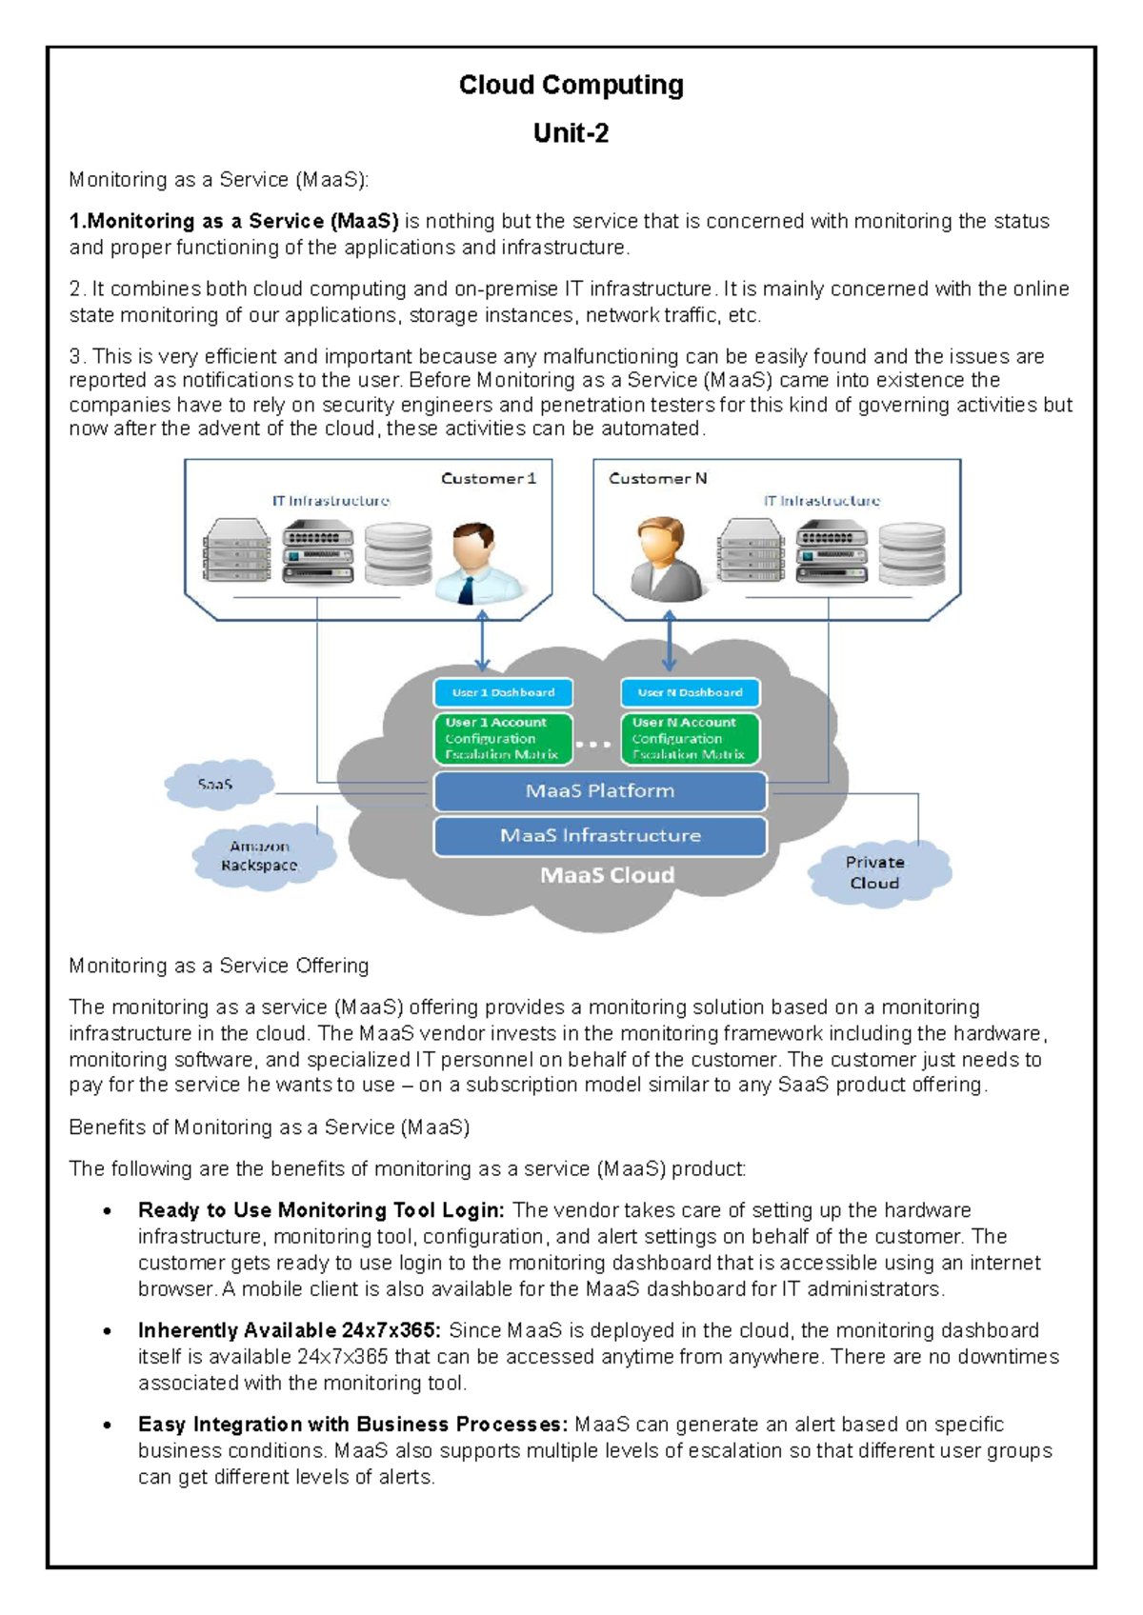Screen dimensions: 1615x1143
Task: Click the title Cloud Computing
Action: (571, 85)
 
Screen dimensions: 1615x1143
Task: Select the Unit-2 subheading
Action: (571, 132)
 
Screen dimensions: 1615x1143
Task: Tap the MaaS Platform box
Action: (599, 790)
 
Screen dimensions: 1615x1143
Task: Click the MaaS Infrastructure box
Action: (599, 835)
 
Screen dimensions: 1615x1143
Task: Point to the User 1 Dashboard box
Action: (503, 692)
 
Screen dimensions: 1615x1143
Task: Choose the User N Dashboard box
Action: (690, 692)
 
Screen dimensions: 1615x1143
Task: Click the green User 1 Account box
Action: (502, 738)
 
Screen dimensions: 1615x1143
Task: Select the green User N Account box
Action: (689, 738)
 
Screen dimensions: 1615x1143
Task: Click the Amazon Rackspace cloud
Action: (260, 855)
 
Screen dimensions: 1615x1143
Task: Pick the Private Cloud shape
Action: (876, 872)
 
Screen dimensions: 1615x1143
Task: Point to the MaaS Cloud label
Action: (607, 875)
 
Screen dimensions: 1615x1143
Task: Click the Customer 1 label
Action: (488, 478)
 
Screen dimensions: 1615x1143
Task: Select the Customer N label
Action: (657, 478)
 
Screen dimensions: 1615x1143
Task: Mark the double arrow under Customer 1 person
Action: (482, 641)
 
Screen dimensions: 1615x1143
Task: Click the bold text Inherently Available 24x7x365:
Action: (289, 1330)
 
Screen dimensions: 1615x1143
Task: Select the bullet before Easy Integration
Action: (109, 1426)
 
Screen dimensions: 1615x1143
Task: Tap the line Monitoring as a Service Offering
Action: (218, 966)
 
